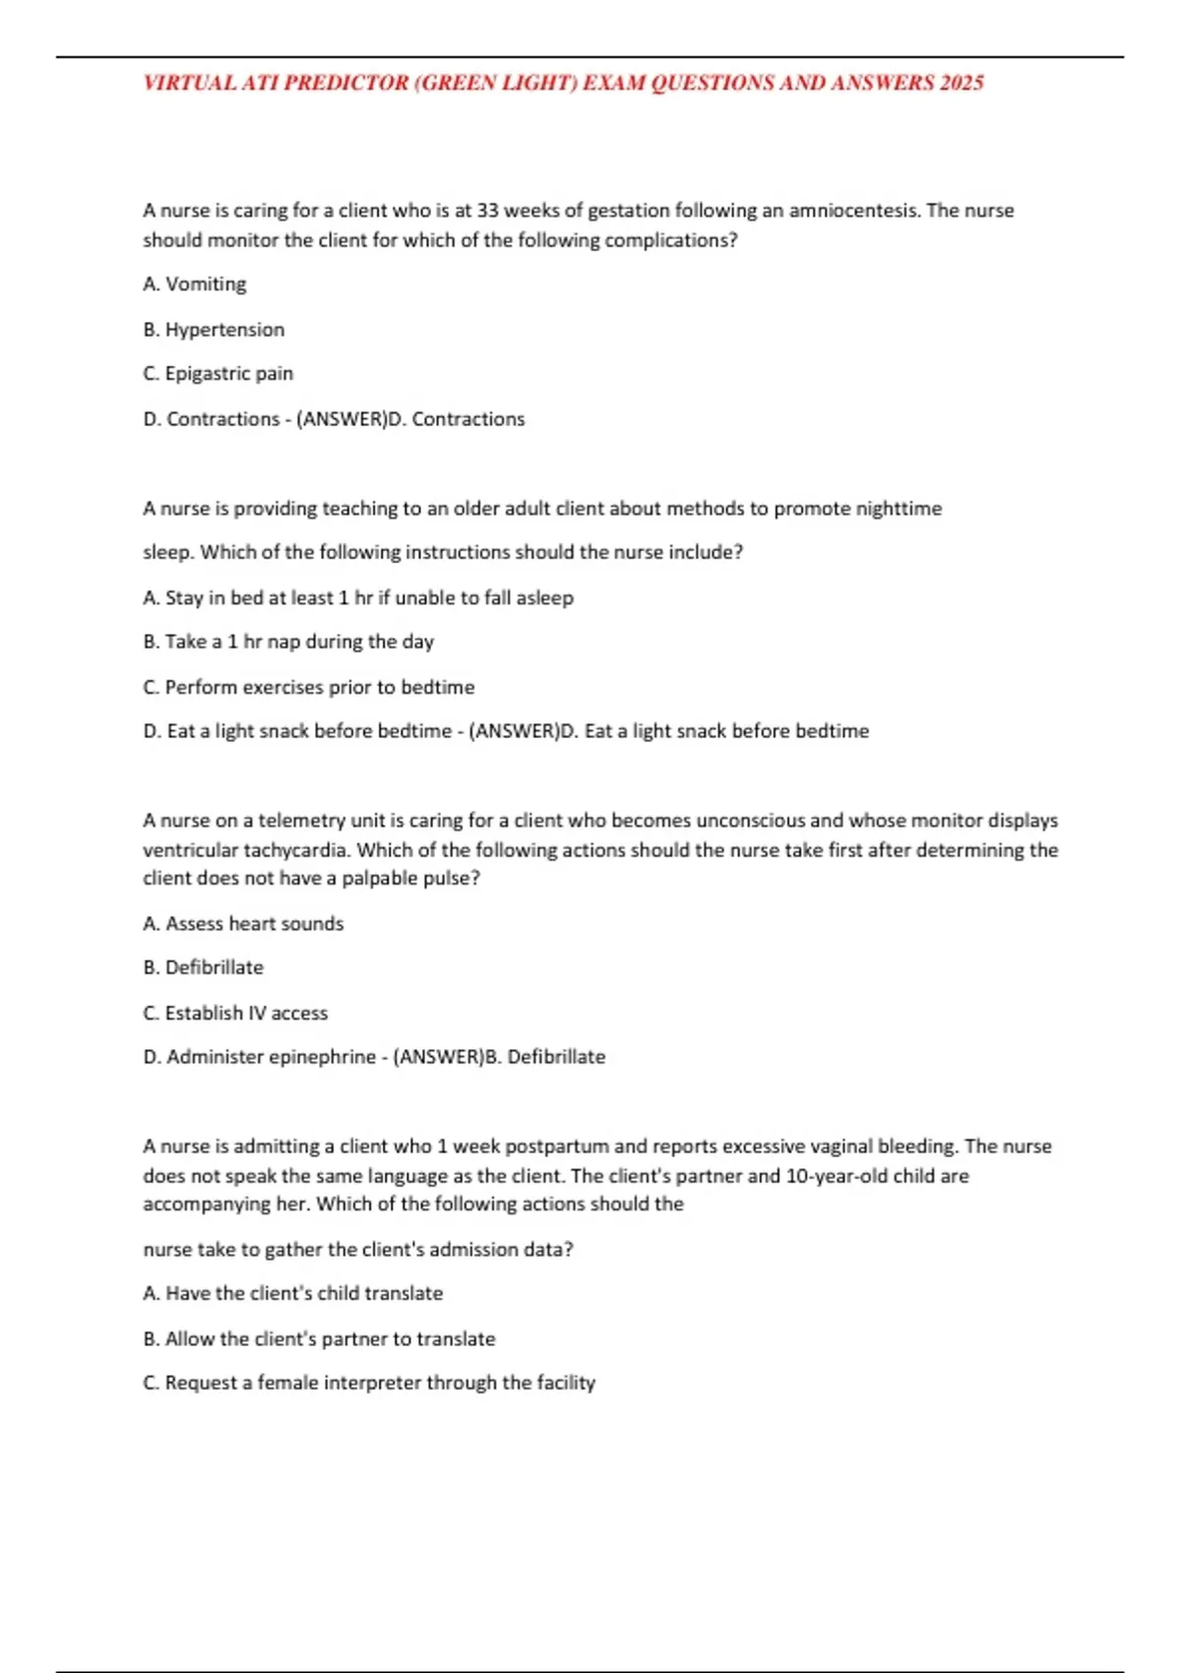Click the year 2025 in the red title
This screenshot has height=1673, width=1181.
click(x=962, y=83)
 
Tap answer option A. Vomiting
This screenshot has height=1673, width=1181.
click(x=195, y=284)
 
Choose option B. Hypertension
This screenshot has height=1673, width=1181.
click(x=214, y=330)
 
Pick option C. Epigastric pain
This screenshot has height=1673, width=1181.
click(x=218, y=374)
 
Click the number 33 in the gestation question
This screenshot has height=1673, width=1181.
click(x=489, y=211)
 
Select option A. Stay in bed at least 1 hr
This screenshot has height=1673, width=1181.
click(x=358, y=598)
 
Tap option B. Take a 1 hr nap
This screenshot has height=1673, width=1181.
click(x=288, y=642)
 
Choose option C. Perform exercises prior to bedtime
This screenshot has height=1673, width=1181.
click(x=308, y=687)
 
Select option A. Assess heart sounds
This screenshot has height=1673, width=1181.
click(x=243, y=924)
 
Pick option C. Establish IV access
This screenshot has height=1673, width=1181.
click(x=235, y=1013)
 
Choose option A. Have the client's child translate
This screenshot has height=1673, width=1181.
click(x=292, y=1293)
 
